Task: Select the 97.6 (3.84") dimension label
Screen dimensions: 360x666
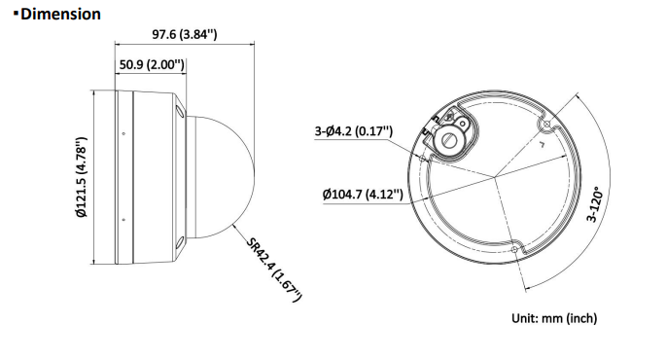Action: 184,34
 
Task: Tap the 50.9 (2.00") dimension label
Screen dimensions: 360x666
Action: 152,65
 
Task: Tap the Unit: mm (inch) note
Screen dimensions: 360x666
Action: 554,318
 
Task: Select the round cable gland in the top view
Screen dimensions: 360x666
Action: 450,137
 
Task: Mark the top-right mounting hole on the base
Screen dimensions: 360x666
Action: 545,126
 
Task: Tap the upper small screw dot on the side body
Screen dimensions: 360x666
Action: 123,133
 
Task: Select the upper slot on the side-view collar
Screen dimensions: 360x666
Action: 180,114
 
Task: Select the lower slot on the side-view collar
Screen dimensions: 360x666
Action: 180,239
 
